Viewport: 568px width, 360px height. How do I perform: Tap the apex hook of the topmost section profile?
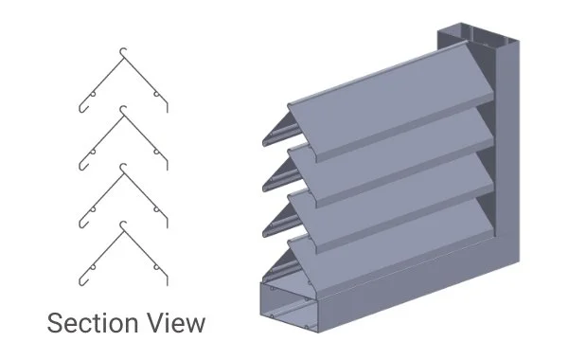(x=123, y=50)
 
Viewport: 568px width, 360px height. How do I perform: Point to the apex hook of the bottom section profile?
(x=123, y=225)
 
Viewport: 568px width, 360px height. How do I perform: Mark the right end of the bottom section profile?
(x=167, y=280)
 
